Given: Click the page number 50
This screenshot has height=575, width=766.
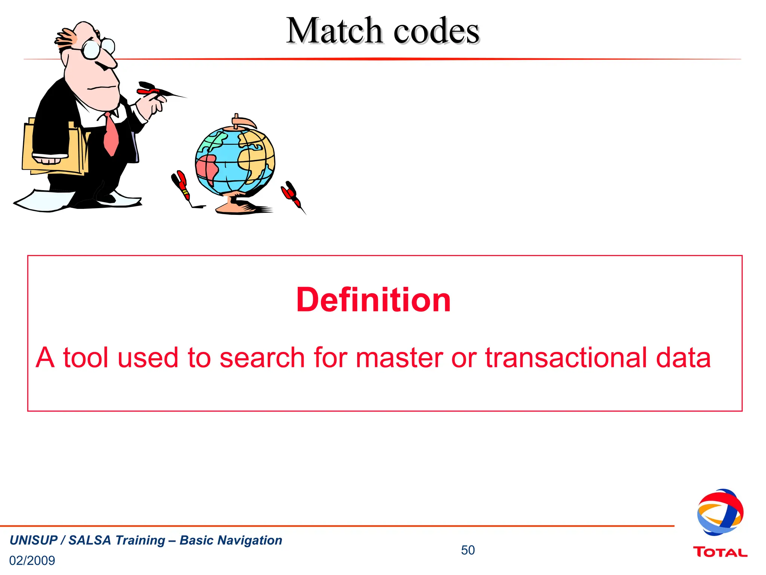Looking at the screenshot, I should click(x=468, y=550).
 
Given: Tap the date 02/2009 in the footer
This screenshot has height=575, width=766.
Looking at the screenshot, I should click(x=32, y=560).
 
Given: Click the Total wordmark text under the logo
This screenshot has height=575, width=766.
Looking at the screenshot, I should click(x=720, y=552).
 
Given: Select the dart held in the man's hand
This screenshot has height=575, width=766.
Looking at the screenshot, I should click(x=157, y=90).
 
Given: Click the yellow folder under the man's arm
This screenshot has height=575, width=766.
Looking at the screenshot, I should click(x=52, y=150).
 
